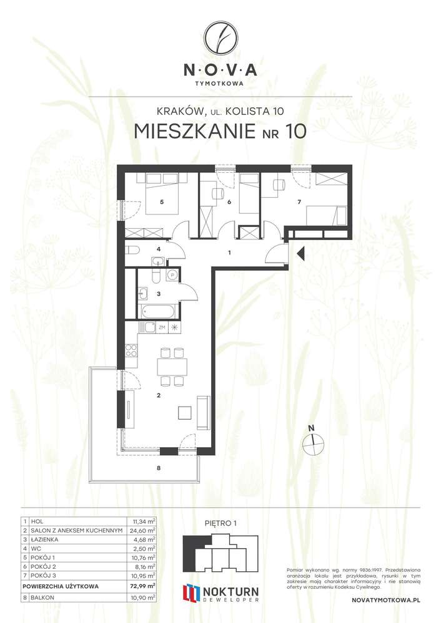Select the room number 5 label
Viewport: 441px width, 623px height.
coord(161,202)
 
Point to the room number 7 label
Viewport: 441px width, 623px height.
coord(299,202)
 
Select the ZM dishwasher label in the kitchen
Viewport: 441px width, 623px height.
coord(161,327)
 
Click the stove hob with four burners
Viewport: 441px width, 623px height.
coord(131,350)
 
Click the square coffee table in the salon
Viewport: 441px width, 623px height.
coord(186,412)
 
